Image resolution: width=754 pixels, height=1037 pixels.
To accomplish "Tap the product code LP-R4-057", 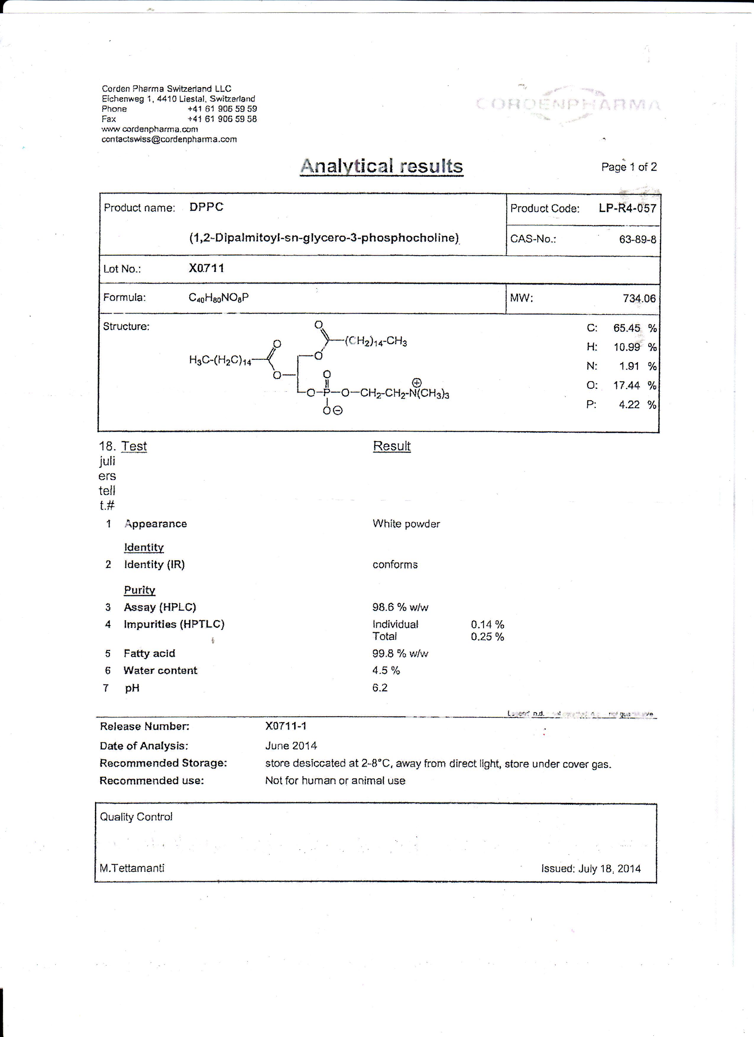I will tap(627, 208).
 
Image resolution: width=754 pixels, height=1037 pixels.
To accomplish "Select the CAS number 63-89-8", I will tap(637, 239).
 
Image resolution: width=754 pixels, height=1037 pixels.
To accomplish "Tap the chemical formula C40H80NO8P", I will tap(219, 298).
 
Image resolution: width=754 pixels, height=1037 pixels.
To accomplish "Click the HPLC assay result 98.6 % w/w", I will tap(400, 607).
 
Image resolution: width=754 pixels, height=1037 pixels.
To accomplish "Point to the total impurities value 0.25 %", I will tap(487, 636).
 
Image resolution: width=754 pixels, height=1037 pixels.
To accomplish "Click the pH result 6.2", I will tap(380, 688).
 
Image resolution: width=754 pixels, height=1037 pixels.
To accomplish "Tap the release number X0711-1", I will tap(286, 726).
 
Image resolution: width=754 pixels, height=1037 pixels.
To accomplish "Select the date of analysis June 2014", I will tap(291, 746).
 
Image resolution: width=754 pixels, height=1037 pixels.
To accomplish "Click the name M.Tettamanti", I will tap(132, 868).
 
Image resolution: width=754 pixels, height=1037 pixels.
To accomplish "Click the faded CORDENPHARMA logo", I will tap(568, 105).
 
